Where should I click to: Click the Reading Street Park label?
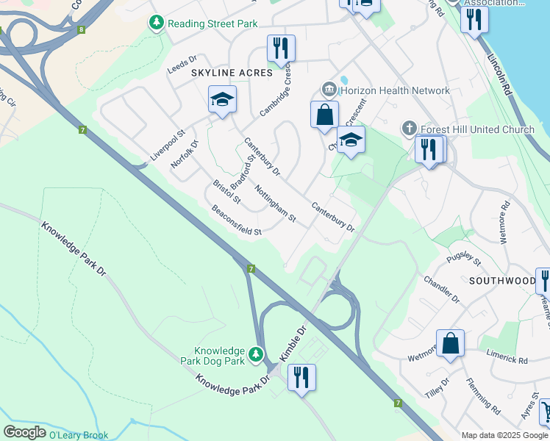[213, 24]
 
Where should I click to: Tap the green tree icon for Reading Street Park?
[156, 24]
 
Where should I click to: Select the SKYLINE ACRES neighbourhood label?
[232, 73]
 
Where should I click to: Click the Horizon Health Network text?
[395, 91]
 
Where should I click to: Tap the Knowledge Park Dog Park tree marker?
[256, 356]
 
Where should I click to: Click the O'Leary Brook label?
[79, 435]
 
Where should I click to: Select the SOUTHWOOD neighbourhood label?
[503, 281]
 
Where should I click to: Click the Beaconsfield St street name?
[236, 221]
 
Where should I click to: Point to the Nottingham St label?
[275, 204]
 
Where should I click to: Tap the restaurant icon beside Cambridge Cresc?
[281, 49]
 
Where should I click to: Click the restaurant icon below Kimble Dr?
[301, 378]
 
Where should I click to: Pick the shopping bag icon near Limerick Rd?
[450, 343]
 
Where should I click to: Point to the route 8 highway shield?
[81, 30]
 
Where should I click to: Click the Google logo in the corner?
[24, 432]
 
